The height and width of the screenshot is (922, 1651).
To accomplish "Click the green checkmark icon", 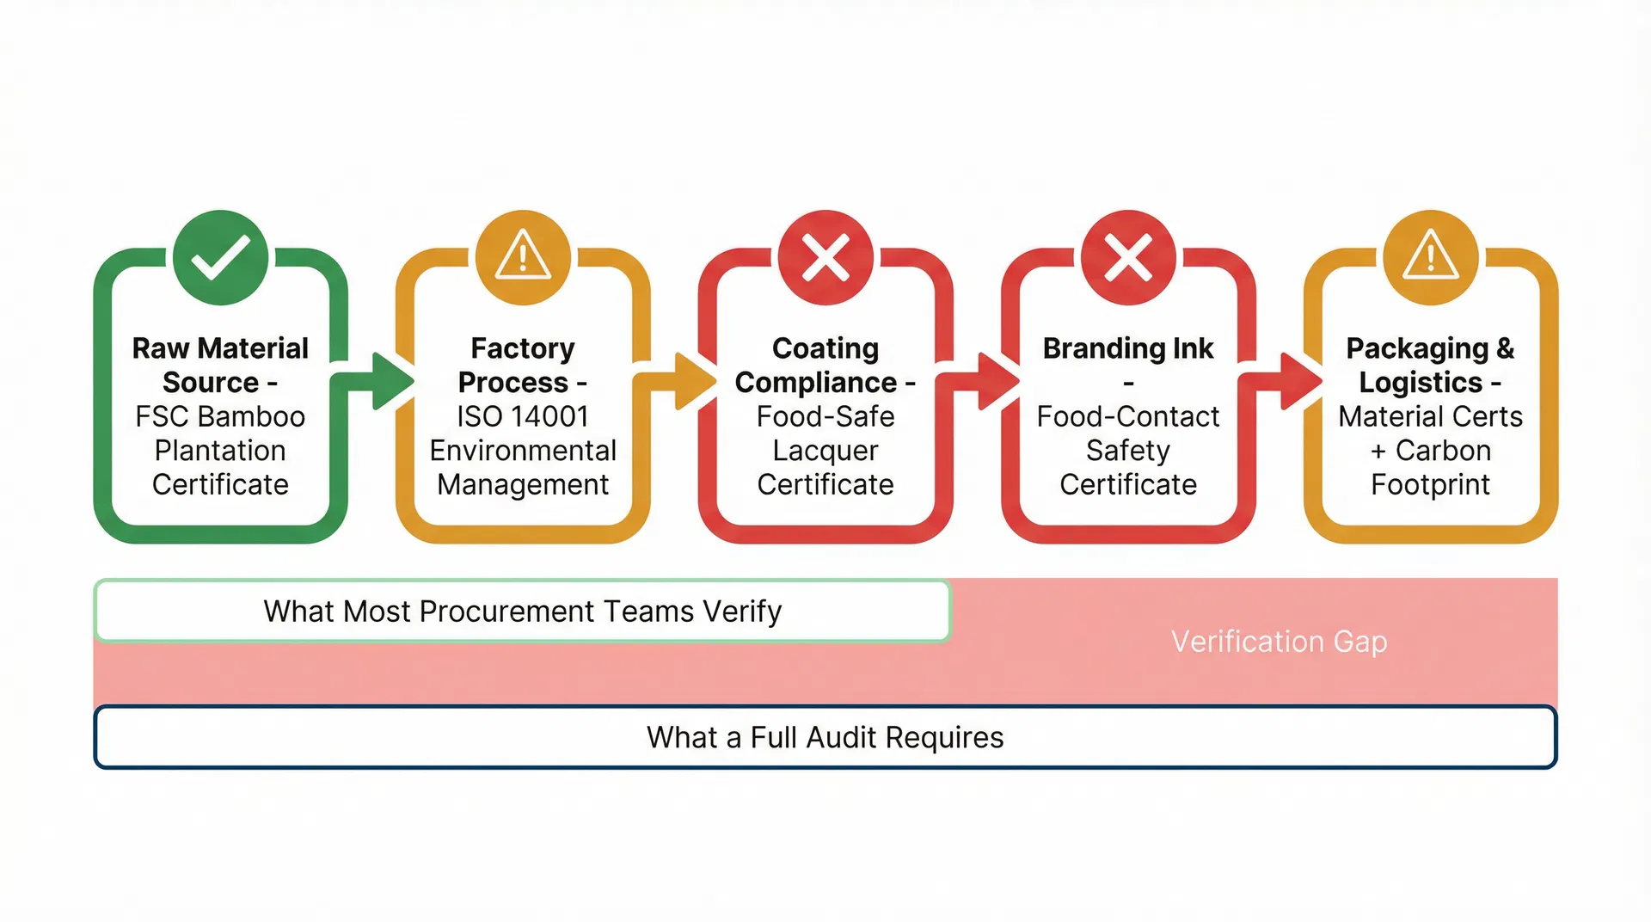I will point(220,257).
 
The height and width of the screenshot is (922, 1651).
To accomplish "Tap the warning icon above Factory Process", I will point(523,257).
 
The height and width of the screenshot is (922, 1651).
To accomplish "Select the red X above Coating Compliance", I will point(825,257).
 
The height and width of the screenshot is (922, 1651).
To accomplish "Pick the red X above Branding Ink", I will point(1128,257).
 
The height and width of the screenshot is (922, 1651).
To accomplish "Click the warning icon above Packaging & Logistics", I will point(1431,257).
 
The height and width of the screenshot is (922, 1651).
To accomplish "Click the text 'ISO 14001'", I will point(523,416).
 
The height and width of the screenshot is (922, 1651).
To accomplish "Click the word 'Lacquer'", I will point(825,451).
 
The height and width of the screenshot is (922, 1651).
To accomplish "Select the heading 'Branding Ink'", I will point(1128,348).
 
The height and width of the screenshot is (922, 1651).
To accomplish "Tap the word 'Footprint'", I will point(1431,484).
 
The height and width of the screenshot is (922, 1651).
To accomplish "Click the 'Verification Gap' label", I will point(1279,642).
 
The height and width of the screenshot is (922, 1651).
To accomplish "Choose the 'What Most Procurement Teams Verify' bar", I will point(523,612).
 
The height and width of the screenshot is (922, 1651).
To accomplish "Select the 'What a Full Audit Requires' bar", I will point(825,737).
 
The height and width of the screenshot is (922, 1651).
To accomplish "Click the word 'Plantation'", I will point(220,451).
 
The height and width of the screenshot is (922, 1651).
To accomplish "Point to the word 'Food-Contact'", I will point(1128,416).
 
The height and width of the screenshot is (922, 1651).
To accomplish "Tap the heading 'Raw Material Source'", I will point(220,365).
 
